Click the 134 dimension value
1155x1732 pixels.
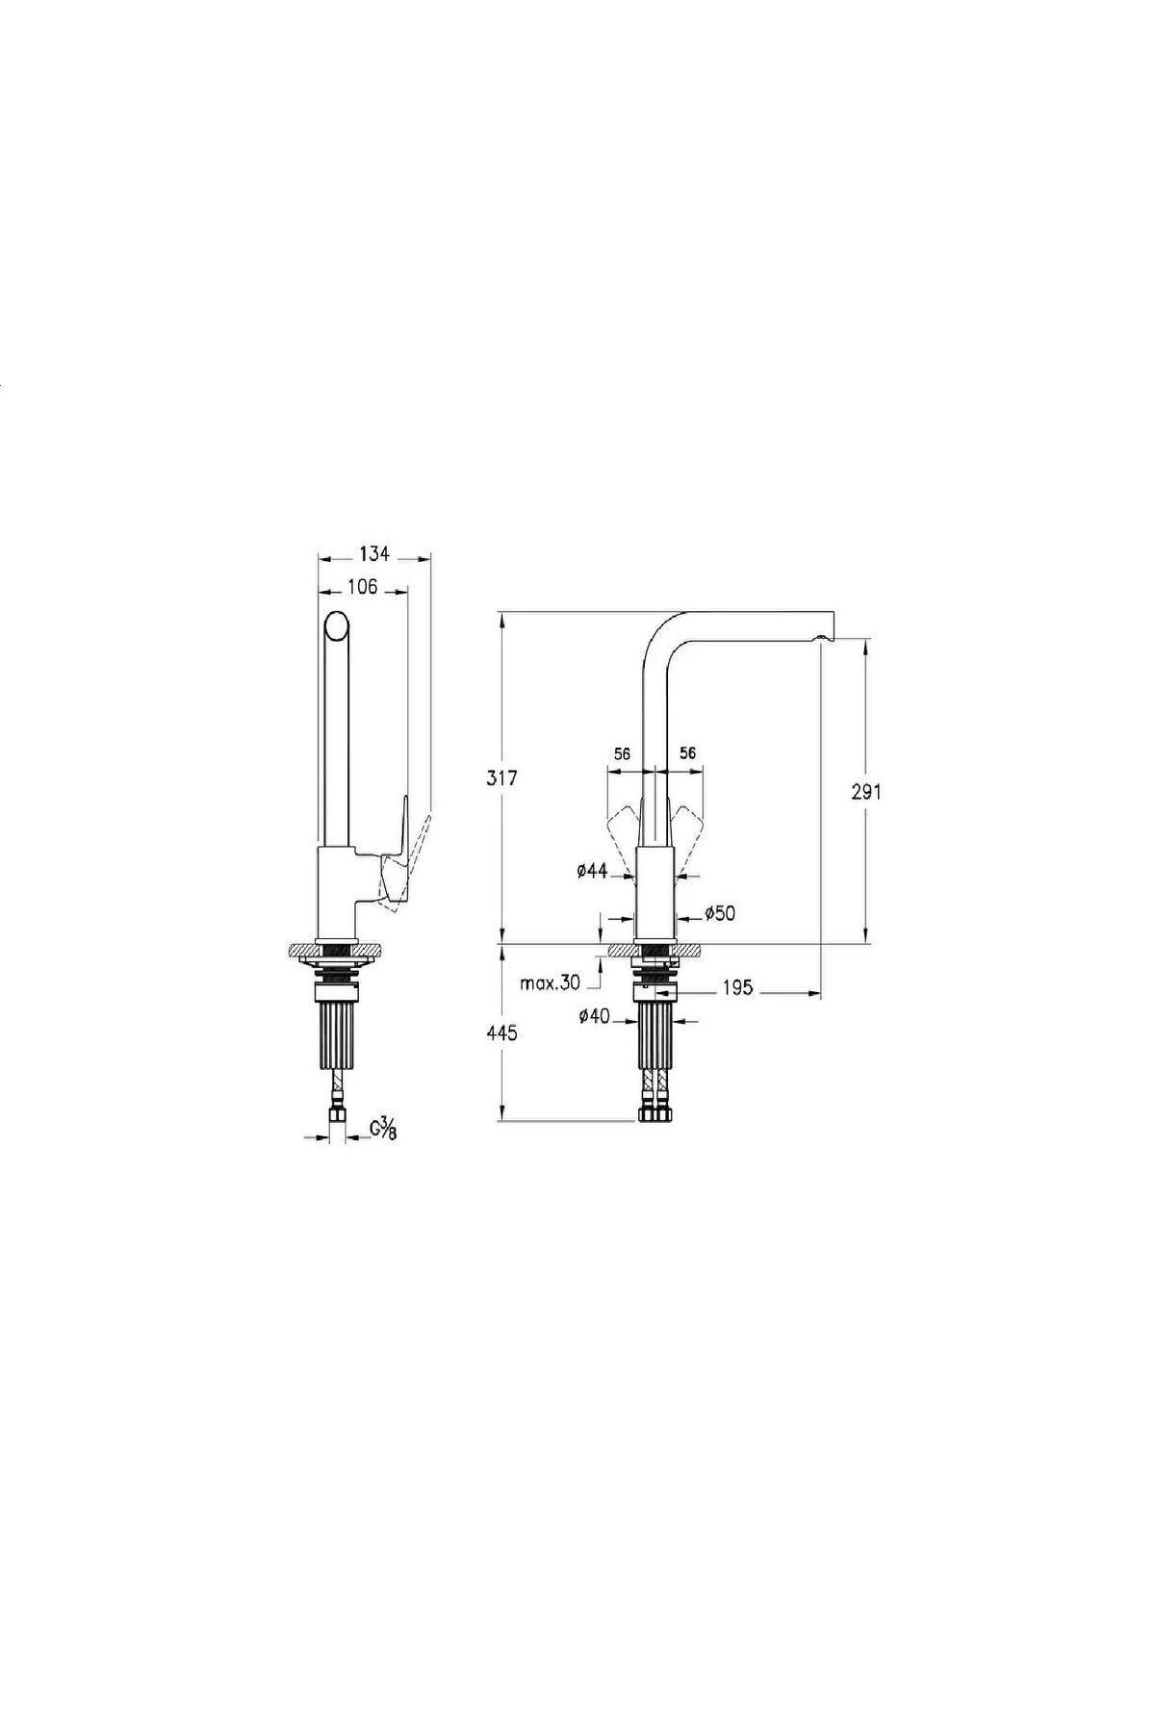click(x=374, y=553)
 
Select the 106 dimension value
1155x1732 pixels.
click(x=362, y=587)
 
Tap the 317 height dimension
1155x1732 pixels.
click(x=502, y=778)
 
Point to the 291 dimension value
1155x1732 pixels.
click(x=866, y=792)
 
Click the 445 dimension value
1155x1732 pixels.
click(x=502, y=1033)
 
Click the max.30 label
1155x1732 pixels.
click(x=550, y=983)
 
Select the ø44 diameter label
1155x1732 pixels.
click(x=592, y=871)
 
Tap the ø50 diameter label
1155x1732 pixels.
click(x=720, y=913)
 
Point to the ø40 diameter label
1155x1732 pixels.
click(x=594, y=1016)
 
